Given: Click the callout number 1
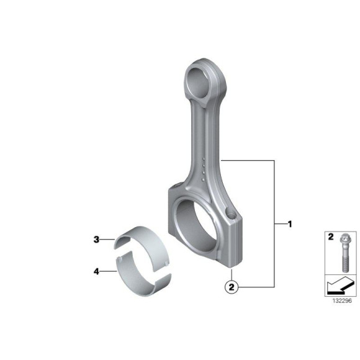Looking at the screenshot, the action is [x=290, y=224].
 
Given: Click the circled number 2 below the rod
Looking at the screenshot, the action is [x=232, y=287].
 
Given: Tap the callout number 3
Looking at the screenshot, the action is [x=96, y=240].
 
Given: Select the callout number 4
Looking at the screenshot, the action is [x=96, y=272].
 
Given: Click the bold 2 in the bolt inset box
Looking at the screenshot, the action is [x=331, y=237].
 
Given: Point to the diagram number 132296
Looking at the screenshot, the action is [x=342, y=301].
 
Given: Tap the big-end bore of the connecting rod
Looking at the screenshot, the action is [x=196, y=226].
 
